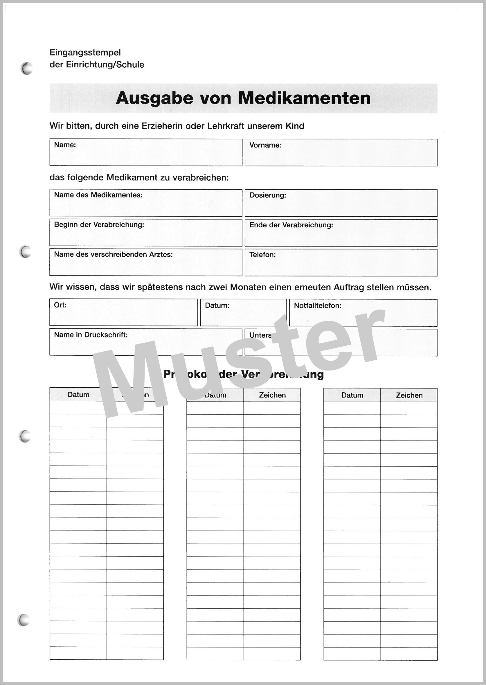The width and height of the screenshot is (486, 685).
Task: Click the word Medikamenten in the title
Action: (304, 98)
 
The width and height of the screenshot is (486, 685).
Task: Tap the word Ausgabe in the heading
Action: (154, 98)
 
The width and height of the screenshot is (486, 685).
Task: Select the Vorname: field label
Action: (265, 145)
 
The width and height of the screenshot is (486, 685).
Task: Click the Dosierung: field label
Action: (268, 195)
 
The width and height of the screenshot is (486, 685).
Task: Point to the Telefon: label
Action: (262, 255)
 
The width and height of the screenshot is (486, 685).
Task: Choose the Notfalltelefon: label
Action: (317, 305)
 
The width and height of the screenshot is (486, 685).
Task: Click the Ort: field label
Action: (60, 305)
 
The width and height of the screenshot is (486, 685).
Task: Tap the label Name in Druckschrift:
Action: (91, 335)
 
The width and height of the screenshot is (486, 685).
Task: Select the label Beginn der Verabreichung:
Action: (99, 225)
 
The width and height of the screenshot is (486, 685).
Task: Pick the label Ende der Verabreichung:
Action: (291, 225)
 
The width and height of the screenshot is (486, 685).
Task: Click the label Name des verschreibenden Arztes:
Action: (113, 254)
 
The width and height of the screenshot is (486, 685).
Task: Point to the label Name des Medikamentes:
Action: (98, 195)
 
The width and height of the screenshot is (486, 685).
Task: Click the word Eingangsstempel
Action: (85, 52)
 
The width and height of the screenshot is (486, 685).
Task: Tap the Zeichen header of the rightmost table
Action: (409, 395)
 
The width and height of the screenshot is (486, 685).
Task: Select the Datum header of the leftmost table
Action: (78, 395)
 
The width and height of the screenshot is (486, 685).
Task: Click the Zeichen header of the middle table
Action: (272, 395)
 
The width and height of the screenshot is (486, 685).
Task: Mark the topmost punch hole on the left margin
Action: (26, 68)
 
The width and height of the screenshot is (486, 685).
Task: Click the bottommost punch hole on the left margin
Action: (23, 620)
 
